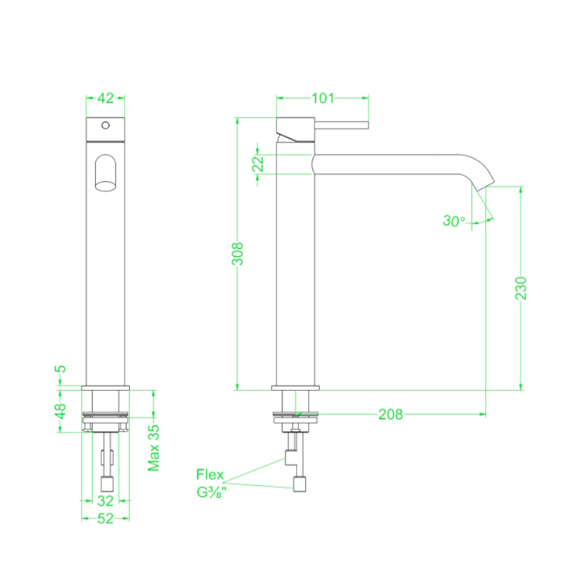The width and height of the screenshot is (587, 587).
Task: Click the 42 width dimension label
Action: [x=105, y=98]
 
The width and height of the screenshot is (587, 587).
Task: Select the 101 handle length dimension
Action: [x=323, y=98]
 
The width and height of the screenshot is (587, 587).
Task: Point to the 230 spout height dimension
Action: [x=521, y=288]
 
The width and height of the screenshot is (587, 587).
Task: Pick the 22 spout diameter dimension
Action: [x=258, y=164]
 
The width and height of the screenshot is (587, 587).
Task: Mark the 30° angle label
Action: [x=454, y=221]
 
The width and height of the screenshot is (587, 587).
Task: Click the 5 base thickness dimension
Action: [x=61, y=370]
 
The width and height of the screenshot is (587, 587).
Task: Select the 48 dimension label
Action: [x=61, y=412]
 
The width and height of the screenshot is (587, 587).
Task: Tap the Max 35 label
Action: [x=154, y=447]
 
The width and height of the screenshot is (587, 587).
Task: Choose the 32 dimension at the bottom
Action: [x=105, y=501]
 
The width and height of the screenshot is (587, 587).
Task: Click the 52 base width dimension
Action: [x=105, y=519]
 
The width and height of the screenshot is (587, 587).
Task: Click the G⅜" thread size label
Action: [x=211, y=492]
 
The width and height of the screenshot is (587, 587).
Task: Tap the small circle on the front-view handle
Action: [x=105, y=124]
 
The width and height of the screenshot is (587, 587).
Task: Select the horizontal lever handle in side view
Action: [x=342, y=125]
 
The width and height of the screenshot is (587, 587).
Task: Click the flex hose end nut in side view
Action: [x=300, y=484]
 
